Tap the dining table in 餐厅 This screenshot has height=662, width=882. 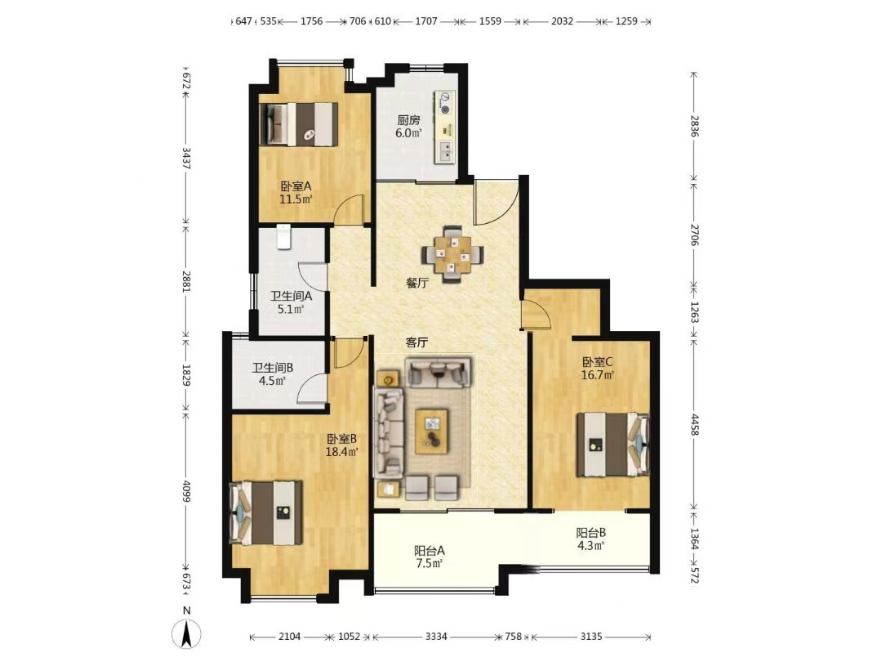pos(453,255)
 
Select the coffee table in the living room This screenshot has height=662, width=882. pos(431,432)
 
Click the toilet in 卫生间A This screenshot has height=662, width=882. pos(283,237)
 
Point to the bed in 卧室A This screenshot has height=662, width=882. pos(299,124)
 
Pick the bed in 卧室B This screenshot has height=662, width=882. pos(265,512)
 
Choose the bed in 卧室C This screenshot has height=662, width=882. pos(613,445)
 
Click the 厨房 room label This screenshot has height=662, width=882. pos(409,120)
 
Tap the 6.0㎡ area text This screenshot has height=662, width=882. pos(409,133)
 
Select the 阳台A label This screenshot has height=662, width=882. pos(430,550)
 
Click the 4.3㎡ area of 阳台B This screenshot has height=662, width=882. pos(590,545)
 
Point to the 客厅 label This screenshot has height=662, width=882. pos(417,342)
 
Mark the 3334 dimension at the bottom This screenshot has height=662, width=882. pos(436,637)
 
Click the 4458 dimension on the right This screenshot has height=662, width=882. pos(695,424)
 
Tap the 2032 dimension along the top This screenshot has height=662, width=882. pos(562,21)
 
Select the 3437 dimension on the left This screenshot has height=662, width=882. pos(186,159)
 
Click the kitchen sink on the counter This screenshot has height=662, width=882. pos(443,151)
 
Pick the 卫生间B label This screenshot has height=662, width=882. pos(272,368)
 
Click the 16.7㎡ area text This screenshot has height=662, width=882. pos(597,375)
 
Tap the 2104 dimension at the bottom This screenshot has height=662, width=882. pos(290,637)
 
